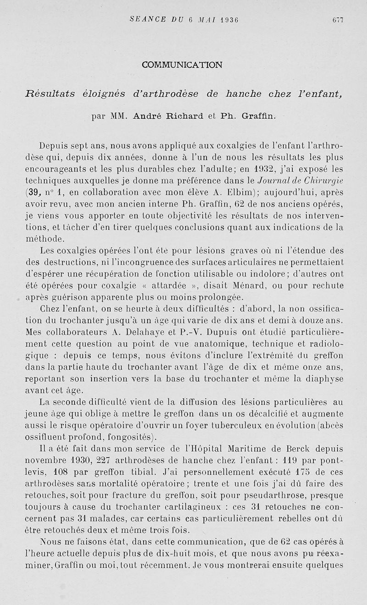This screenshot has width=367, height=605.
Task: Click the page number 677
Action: [338, 19]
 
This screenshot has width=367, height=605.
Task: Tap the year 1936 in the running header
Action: [231, 19]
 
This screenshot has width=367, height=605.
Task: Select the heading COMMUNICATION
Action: [182, 65]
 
